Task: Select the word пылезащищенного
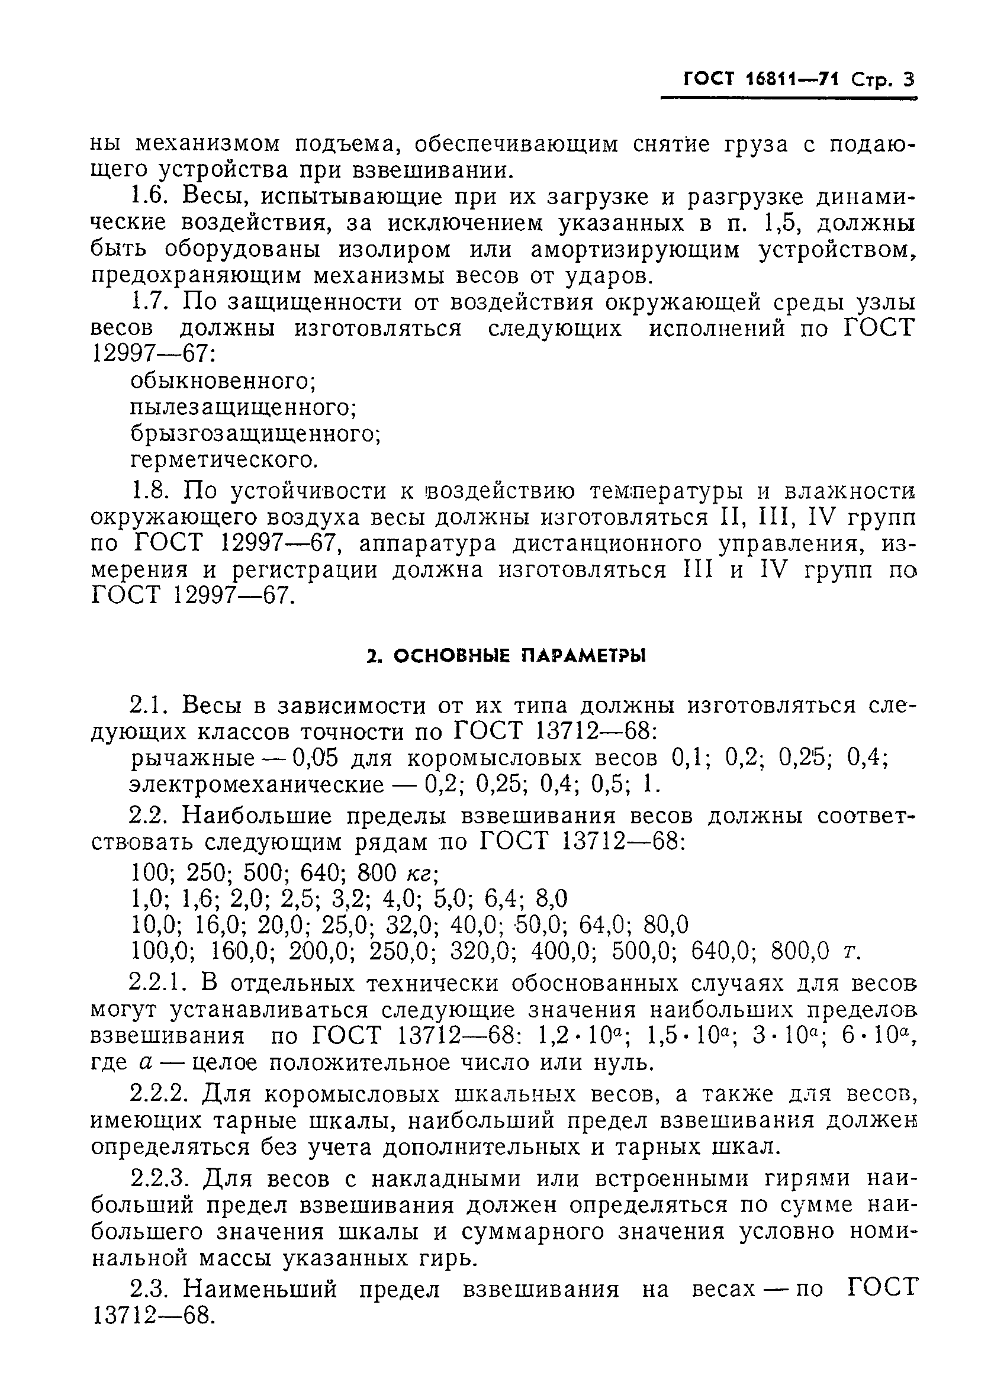[x=244, y=407]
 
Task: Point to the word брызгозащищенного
[x=255, y=434]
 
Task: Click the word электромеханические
[x=256, y=785]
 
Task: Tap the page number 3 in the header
[x=908, y=80]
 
